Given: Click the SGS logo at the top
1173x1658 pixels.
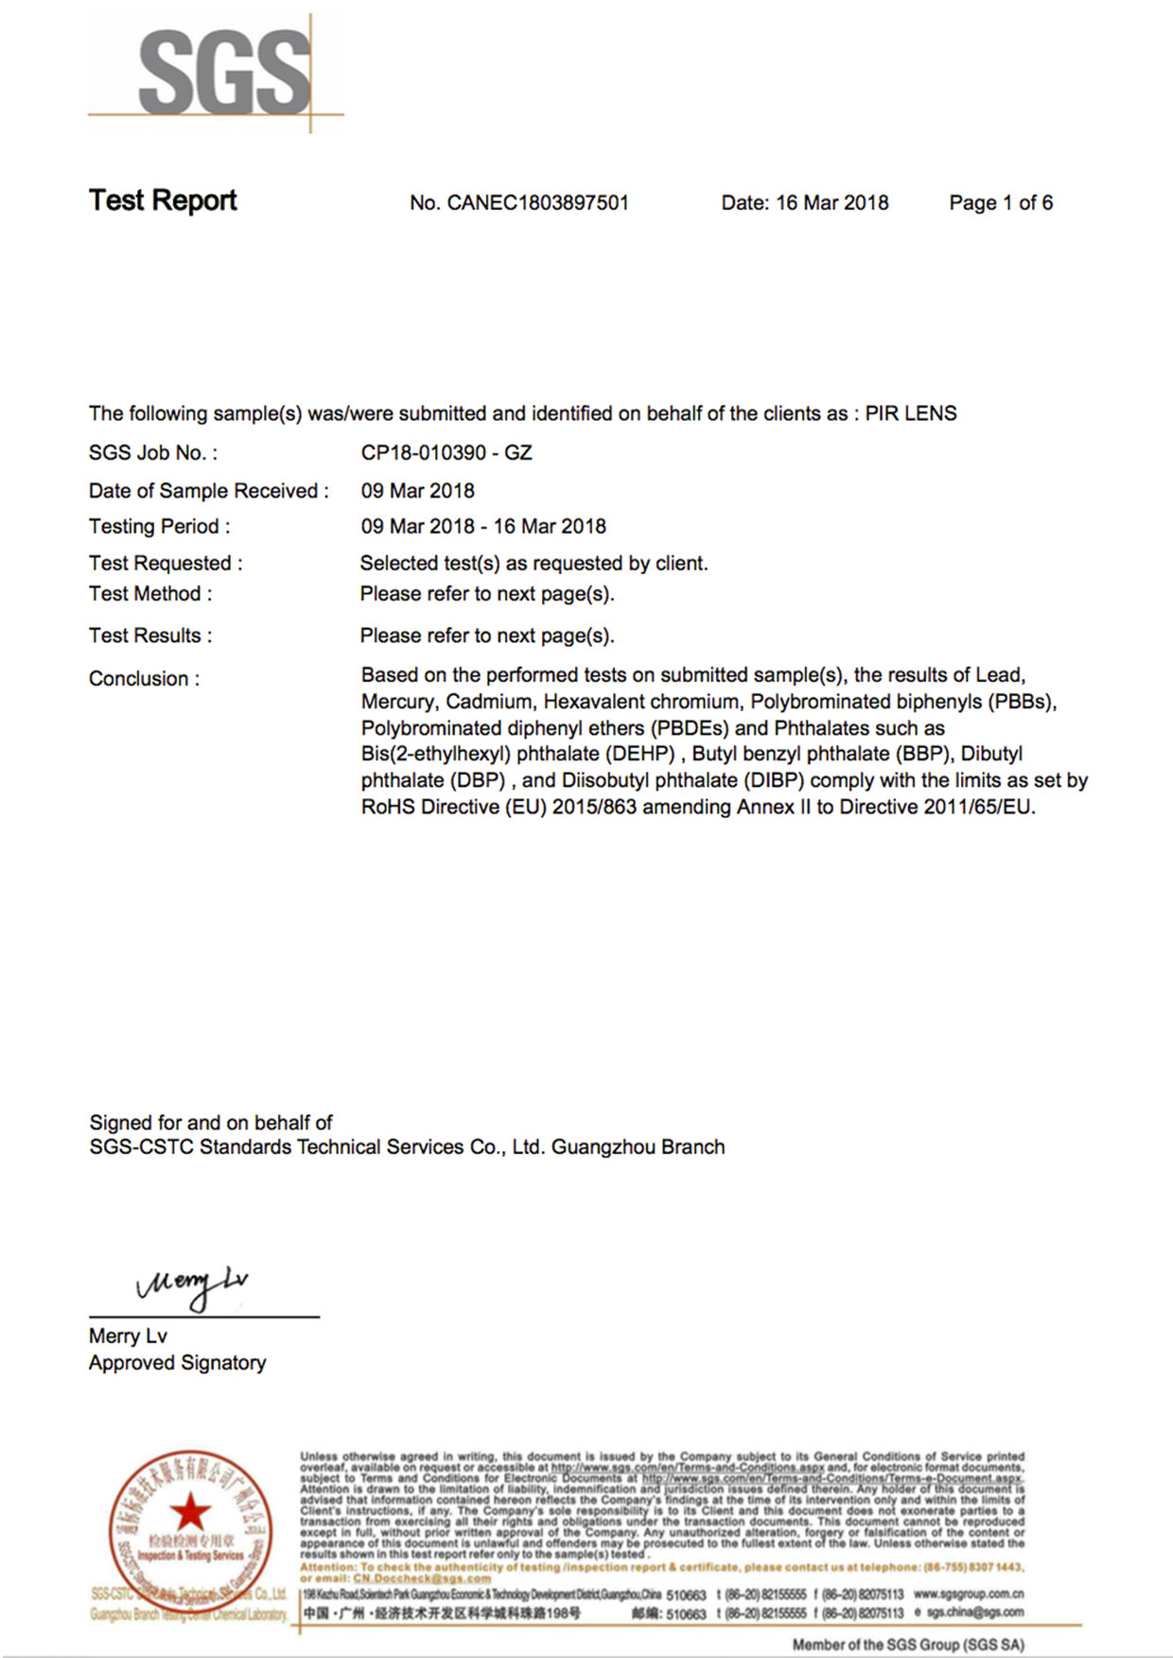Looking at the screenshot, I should tap(223, 72).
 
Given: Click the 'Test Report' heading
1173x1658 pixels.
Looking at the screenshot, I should tap(163, 201).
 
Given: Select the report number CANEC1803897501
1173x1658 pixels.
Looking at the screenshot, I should tap(537, 203).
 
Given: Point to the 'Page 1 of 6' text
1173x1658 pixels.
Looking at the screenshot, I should tap(1001, 203).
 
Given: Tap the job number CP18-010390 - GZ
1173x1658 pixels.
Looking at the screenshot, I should tap(446, 453).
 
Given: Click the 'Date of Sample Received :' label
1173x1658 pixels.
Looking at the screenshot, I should tap(208, 491).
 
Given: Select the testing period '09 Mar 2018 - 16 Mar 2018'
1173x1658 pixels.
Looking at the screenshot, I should tap(483, 527).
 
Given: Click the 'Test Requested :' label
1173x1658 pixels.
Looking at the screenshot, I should tap(166, 564).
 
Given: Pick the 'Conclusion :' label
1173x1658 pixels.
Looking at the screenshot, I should tap(144, 679).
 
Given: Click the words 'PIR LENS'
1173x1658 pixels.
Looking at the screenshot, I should tap(911, 414).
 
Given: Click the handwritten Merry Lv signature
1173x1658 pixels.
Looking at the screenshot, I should tap(193, 1285).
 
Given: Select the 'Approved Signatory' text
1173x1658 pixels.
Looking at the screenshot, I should tap(177, 1363).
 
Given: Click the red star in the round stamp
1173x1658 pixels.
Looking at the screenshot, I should tap(190, 1510).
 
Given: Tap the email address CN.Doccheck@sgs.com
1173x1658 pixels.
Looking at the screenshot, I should tap(422, 1579).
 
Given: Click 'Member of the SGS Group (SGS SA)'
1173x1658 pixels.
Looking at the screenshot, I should tap(908, 1645).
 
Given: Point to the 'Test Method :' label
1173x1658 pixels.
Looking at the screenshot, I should tap(150, 594).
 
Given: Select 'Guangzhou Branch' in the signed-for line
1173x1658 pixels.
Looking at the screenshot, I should tap(638, 1147).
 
